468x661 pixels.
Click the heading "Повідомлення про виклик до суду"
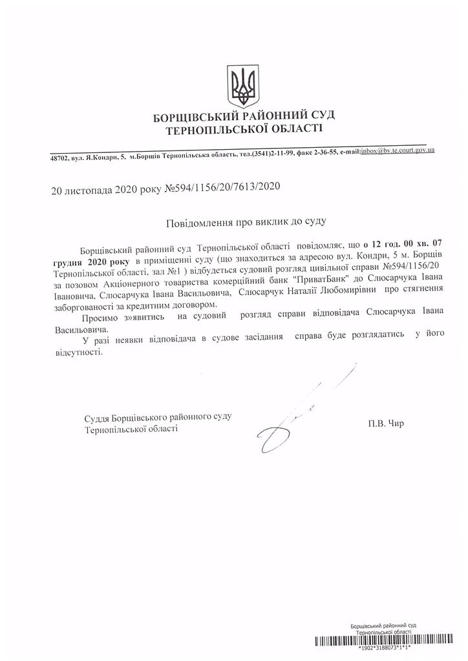[x=246, y=221]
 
